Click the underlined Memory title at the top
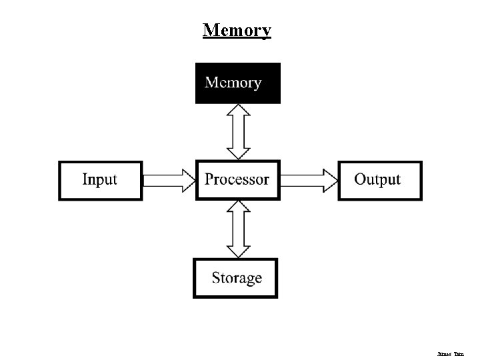(237, 30)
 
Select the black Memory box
(237, 83)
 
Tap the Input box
(100, 180)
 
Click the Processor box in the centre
(237, 180)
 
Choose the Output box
(380, 180)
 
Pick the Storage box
(235, 278)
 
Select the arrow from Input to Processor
(169, 180)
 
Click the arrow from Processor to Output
(309, 180)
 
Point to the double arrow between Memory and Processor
(238, 131)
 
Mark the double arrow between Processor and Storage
(238, 229)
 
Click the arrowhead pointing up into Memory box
(238, 111)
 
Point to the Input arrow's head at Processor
(187, 180)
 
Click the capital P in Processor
(209, 179)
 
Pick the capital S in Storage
(217, 278)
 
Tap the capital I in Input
(85, 179)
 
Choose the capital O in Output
(360, 179)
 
